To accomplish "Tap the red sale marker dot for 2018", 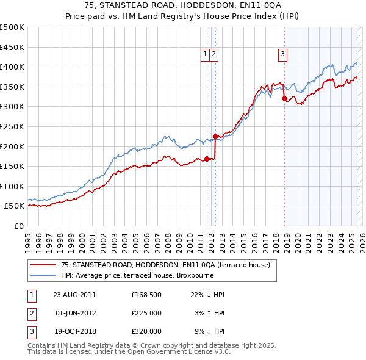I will (284, 98).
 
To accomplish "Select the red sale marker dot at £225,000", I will (215, 136).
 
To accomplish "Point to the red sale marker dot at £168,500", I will (207, 159).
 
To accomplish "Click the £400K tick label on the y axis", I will (12, 67).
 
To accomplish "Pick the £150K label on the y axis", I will (12, 166).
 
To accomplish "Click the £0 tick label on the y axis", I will (18, 226).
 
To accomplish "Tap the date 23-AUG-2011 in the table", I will (74, 295).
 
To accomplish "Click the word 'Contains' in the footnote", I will (44, 345).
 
